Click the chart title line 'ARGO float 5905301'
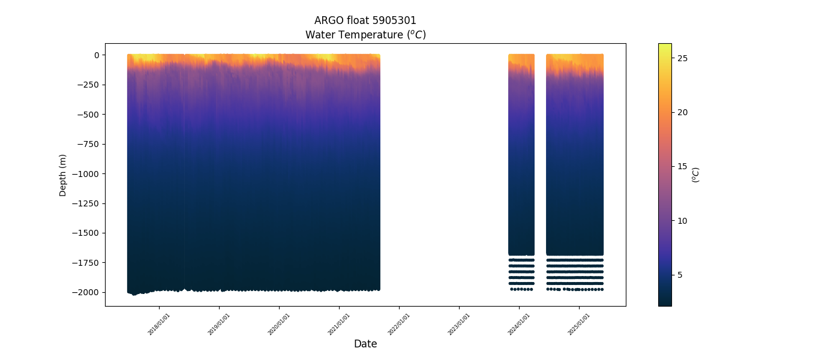click(x=365, y=21)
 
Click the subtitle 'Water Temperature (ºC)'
click(x=365, y=35)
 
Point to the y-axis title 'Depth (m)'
click(x=63, y=175)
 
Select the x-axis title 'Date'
click(x=365, y=344)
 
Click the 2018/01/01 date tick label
click(x=159, y=324)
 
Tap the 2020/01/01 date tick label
click(x=279, y=324)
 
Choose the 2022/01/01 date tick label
click(x=399, y=324)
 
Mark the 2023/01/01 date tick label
click(x=459, y=324)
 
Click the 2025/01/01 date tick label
click(x=579, y=324)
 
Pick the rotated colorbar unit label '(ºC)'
click(x=696, y=175)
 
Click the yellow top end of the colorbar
click(x=665, y=46)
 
